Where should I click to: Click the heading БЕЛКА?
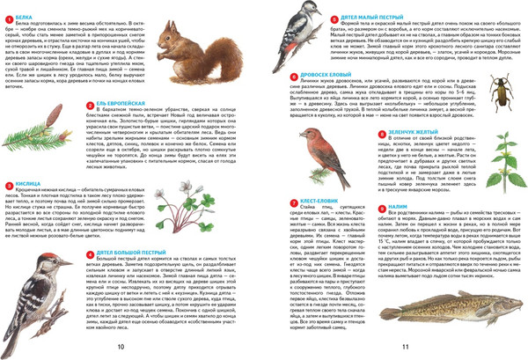(x=25, y=15)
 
